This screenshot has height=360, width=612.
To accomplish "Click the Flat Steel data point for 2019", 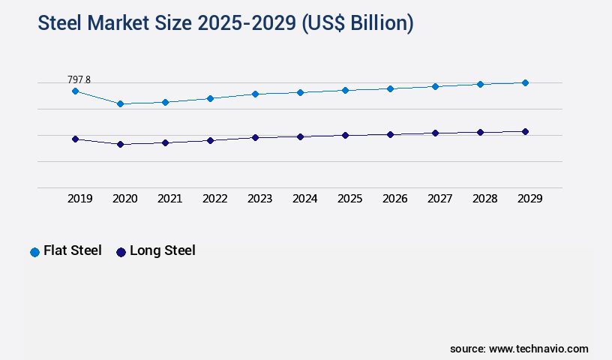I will [75, 91].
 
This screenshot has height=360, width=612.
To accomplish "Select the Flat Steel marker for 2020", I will [120, 103].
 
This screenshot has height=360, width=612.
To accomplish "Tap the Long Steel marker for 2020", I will [120, 144].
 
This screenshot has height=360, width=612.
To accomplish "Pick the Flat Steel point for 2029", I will [525, 82].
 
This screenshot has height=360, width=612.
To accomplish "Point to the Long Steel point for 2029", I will [525, 131].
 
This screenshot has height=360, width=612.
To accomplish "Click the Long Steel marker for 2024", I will [300, 136].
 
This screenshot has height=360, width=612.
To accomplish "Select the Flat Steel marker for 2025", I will [345, 90].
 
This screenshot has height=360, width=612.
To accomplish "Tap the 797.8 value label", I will [79, 79].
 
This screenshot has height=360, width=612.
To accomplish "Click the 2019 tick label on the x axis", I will [80, 199].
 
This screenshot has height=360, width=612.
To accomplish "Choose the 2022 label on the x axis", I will [215, 199].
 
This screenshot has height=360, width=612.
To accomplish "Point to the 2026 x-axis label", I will [395, 199].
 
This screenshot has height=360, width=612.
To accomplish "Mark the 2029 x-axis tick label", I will [529, 199].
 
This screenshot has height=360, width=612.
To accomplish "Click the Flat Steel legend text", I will [73, 251].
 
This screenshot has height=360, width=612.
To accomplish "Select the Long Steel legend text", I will [163, 251].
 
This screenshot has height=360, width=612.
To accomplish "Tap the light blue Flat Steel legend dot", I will [34, 252].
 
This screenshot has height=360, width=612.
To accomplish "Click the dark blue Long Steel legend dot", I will [121, 252].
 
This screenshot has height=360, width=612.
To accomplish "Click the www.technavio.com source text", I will [538, 349].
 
